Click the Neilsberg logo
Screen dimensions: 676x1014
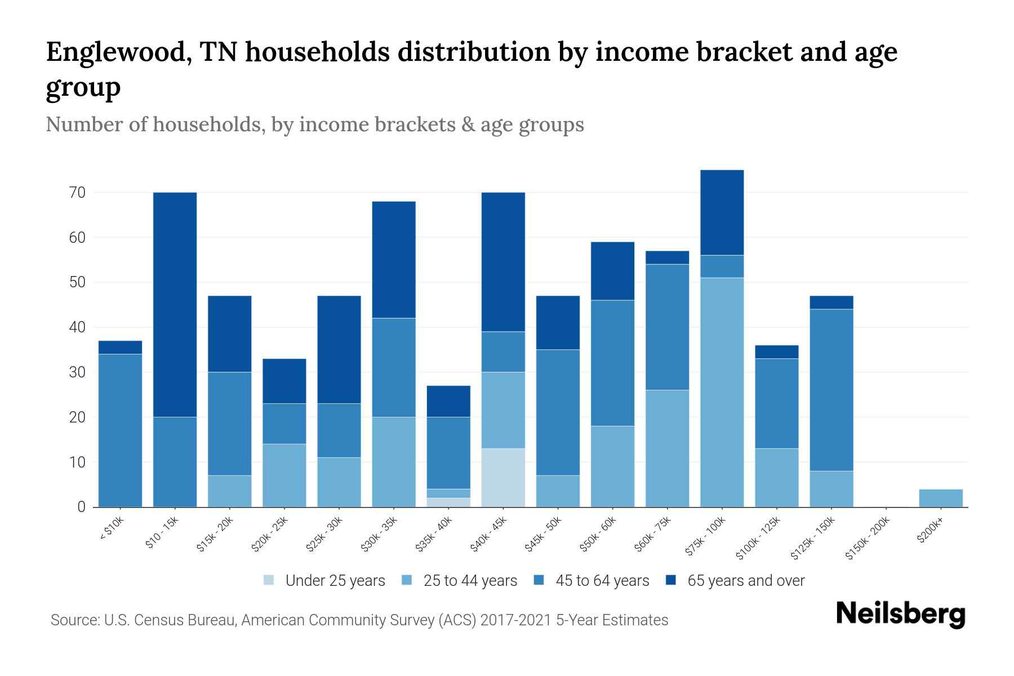(x=900, y=614)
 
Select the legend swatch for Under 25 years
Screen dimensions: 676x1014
(x=269, y=580)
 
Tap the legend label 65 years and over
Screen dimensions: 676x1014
(x=746, y=581)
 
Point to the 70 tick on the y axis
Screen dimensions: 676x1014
(x=78, y=193)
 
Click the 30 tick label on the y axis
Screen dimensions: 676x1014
(x=78, y=372)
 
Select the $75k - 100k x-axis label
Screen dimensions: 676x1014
(x=706, y=537)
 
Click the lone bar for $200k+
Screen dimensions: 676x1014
(x=941, y=498)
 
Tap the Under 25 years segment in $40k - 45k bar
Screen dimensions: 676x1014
(x=503, y=478)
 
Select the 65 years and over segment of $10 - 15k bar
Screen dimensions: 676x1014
(x=175, y=304)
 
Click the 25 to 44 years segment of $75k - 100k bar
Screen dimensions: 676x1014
(x=722, y=392)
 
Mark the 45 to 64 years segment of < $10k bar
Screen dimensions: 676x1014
(x=120, y=430)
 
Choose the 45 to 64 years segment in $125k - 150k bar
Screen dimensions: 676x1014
(x=831, y=390)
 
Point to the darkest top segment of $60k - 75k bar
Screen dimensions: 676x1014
(x=667, y=257)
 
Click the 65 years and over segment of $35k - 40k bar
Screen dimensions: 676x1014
(x=448, y=401)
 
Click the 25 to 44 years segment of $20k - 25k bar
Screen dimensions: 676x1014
(x=284, y=475)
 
